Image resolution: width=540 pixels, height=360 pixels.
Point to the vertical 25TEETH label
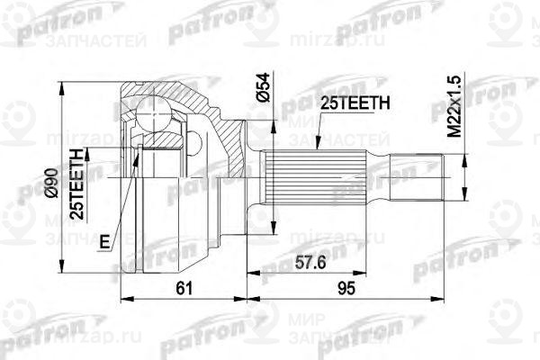click(x=78, y=184)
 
